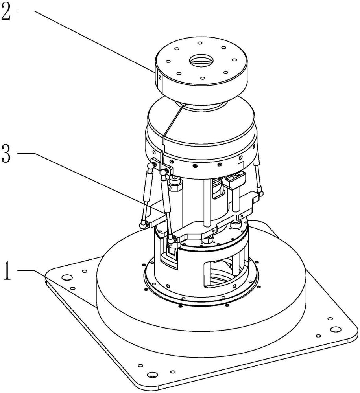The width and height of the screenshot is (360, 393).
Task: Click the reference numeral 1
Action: [x=7, y=271]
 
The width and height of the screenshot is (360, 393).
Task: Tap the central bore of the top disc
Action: [x=201, y=61]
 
